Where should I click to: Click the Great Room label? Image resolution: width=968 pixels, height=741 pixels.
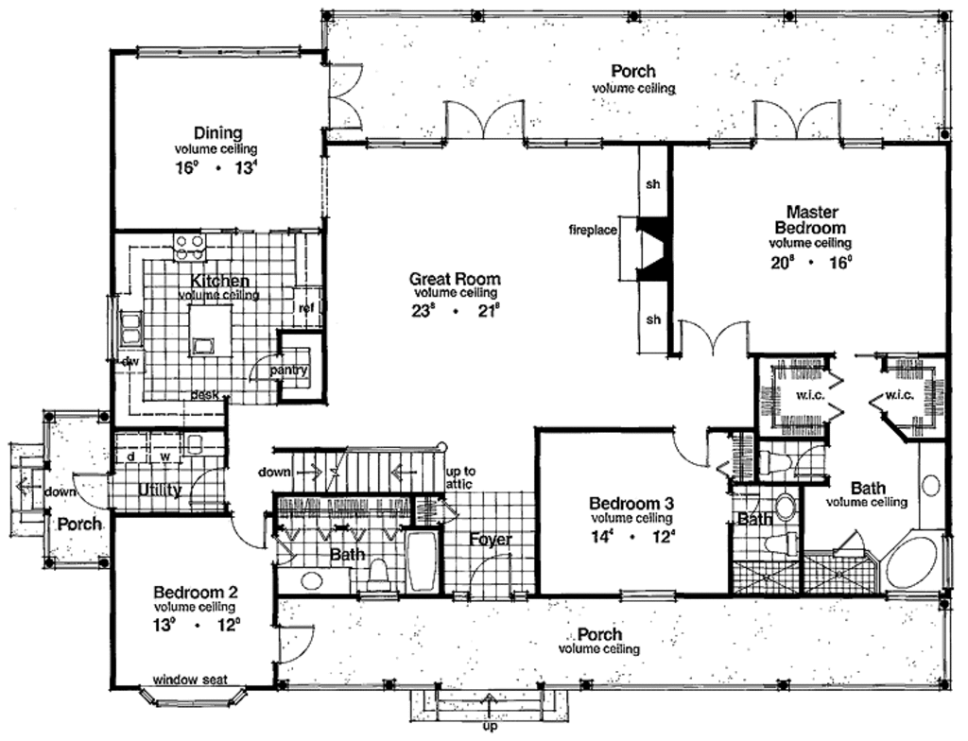pyautogui.click(x=455, y=279)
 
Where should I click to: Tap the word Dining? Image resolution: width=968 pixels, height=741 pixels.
pyautogui.click(x=218, y=133)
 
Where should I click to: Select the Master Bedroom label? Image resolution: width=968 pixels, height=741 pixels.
pyautogui.click(x=810, y=219)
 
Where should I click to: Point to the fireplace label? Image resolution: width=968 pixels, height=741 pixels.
pyautogui.click(x=593, y=230)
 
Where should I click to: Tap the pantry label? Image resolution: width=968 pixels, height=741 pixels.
pyautogui.click(x=289, y=370)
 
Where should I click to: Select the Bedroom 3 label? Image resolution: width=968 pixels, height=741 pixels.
pyautogui.click(x=631, y=503)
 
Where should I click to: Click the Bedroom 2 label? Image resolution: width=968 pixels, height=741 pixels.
pyautogui.click(x=196, y=593)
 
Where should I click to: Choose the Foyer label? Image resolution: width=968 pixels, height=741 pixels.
pyautogui.click(x=491, y=540)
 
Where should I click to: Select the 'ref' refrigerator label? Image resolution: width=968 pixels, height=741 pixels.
pyautogui.click(x=305, y=307)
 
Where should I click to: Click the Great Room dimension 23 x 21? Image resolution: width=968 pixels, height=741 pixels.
pyautogui.click(x=455, y=311)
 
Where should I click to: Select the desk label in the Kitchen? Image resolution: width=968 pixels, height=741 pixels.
pyautogui.click(x=202, y=394)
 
